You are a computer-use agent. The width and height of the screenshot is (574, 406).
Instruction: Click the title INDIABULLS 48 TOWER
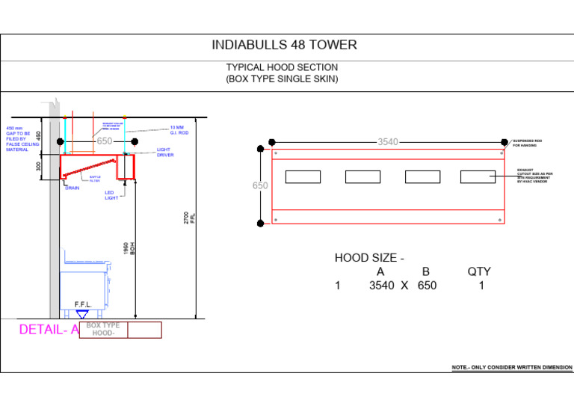pos(284,45)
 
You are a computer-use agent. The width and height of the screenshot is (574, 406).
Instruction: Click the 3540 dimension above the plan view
pos(388,141)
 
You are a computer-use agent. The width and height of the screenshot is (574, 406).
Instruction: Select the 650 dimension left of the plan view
pos(260,185)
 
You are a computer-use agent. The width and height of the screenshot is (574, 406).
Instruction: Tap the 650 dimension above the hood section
pos(104,141)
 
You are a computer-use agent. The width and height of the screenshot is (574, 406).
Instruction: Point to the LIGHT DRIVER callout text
pos(165,153)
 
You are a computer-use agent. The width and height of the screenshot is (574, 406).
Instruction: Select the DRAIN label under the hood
pos(72,188)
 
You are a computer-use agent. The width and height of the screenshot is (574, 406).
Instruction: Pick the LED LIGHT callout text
pos(111,195)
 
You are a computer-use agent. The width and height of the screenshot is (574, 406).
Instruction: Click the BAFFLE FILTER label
pos(94,179)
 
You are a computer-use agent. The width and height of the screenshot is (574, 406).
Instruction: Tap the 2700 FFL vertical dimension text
pos(191,218)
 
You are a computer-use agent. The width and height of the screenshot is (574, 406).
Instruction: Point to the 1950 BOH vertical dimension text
pos(130,247)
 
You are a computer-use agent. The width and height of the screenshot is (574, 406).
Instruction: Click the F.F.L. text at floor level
pos(82,304)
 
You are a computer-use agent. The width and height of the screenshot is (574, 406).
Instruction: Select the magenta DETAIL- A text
pos(49,330)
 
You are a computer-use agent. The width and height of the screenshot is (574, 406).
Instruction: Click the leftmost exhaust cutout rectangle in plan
pos(303,176)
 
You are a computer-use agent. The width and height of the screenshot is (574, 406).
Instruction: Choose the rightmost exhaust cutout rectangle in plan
pos(478,176)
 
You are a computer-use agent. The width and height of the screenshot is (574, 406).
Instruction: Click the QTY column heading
pos(479,272)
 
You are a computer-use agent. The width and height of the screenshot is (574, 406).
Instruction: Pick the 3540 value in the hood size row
pos(382,286)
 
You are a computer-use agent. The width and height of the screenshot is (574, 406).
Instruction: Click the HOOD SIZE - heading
pos(369,258)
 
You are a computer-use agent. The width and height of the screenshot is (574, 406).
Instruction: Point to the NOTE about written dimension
pos(512,368)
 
